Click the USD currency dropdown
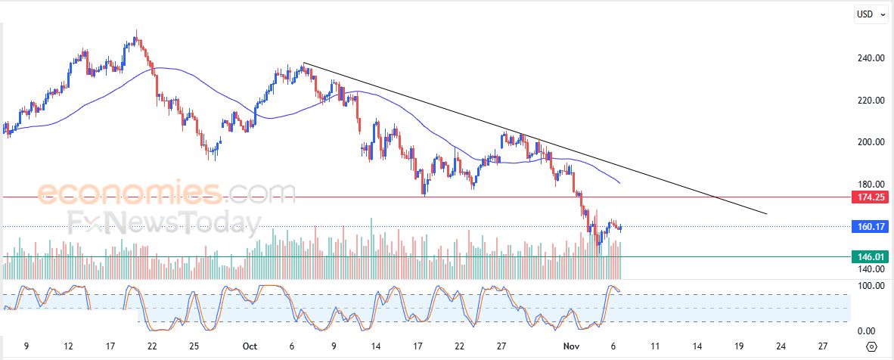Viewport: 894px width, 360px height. tap(870, 14)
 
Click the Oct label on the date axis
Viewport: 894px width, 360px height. tap(250, 346)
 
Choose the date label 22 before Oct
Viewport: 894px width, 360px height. tap(152, 346)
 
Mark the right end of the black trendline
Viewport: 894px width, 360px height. tap(766, 214)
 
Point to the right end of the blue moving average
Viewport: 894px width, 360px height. tap(620, 184)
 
